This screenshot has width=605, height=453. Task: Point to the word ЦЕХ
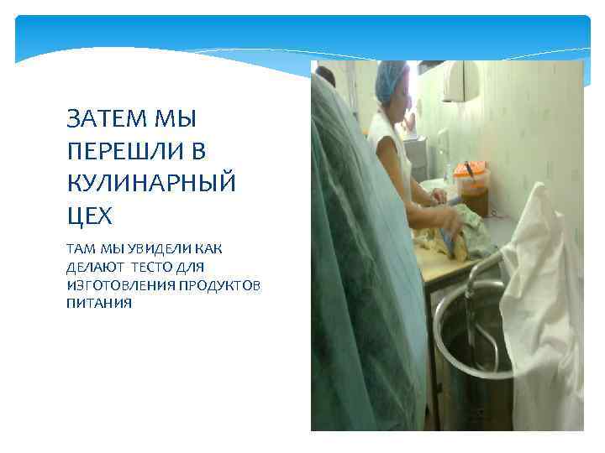coord(88,216)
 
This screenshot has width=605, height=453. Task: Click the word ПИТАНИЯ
coord(98,303)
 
